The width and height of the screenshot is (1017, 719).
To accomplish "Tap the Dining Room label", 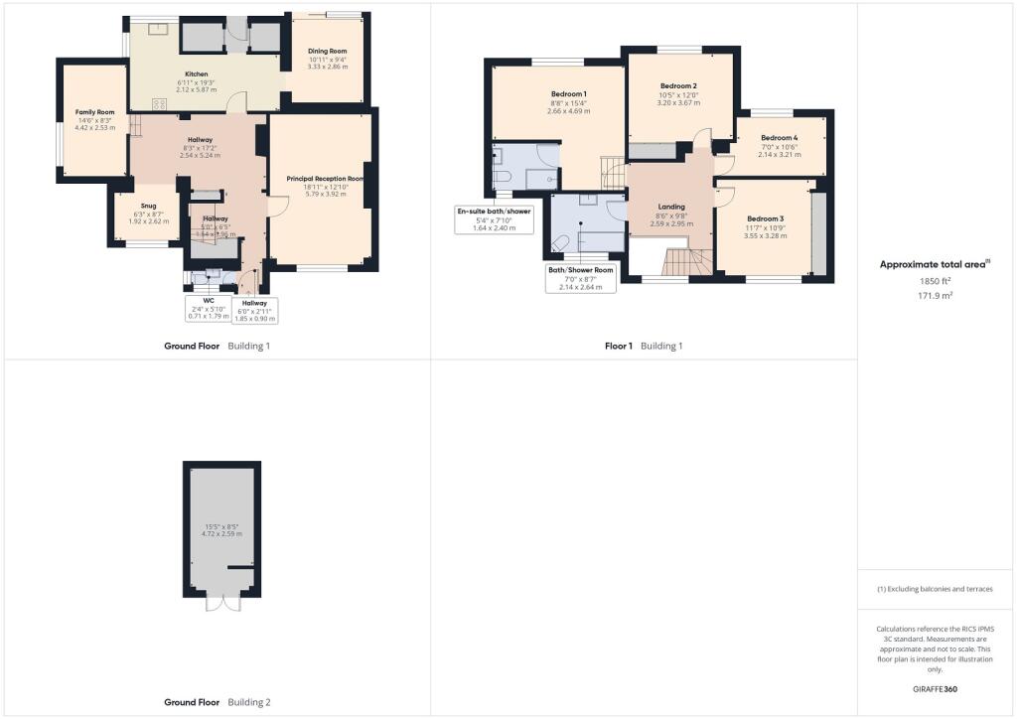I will [328, 51].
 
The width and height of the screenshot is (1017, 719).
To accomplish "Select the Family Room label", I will [95, 112].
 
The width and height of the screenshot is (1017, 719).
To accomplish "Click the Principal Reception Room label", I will [325, 179].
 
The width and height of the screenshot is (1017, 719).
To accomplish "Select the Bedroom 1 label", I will [569, 93].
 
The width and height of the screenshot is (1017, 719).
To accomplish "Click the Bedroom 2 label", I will [678, 86].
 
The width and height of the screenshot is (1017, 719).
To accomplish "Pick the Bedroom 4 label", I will [779, 138].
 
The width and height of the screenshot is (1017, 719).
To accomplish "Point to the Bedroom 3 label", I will [765, 218].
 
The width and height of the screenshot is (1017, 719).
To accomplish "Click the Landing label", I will [671, 207].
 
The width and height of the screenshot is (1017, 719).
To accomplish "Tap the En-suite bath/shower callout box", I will [494, 219].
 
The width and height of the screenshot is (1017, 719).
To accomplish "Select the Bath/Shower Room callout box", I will [581, 277].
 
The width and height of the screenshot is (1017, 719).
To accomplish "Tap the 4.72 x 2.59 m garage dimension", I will [221, 532].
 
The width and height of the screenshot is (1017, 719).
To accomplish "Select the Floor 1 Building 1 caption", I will [644, 346].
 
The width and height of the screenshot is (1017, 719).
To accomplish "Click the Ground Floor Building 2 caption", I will [217, 702].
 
